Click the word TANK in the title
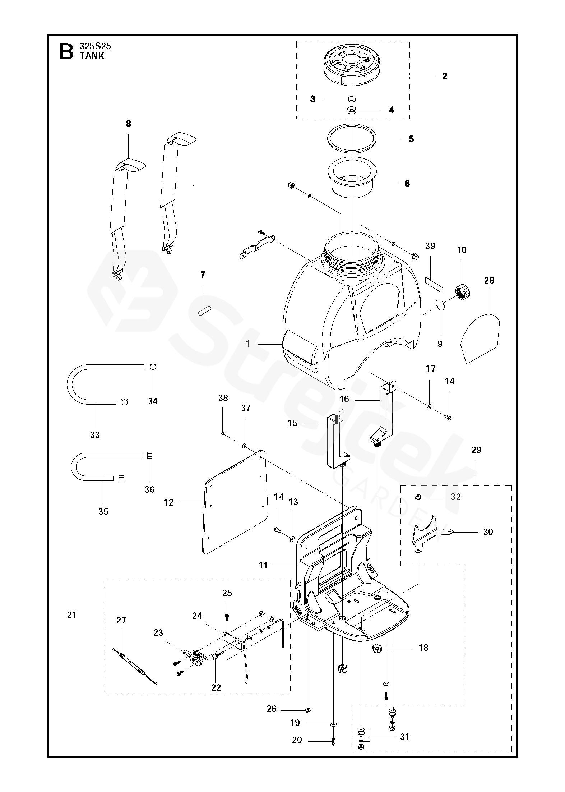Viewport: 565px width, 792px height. pyautogui.click(x=92, y=56)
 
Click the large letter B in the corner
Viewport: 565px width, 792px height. pyautogui.click(x=66, y=52)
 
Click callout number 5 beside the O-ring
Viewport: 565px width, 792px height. pyautogui.click(x=411, y=139)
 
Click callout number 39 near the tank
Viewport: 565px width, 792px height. pyautogui.click(x=430, y=246)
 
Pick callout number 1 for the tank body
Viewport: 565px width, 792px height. pyautogui.click(x=248, y=344)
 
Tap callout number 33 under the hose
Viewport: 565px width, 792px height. pyautogui.click(x=95, y=435)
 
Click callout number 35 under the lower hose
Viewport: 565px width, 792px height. pyautogui.click(x=103, y=511)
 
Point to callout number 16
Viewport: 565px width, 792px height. pyautogui.click(x=344, y=399)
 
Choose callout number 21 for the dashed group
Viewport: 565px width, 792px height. pyautogui.click(x=72, y=615)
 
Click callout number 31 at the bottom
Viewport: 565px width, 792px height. pyautogui.click(x=405, y=737)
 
